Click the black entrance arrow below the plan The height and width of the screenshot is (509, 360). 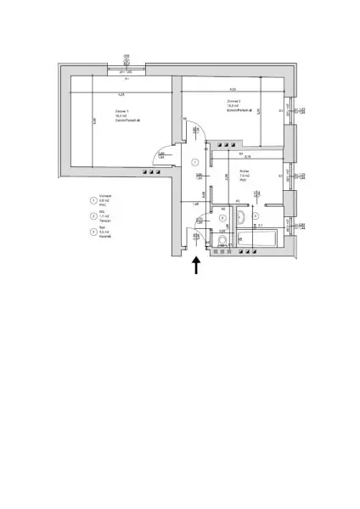[x=196, y=266]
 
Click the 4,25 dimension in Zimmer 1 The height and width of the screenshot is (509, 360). [x=121, y=94]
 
